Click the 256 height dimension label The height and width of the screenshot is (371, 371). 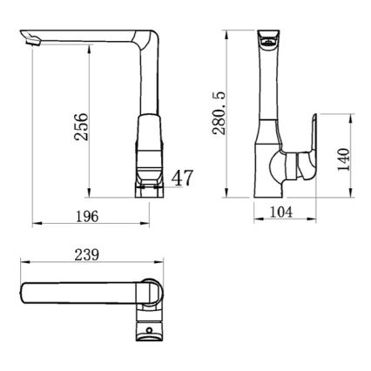tap(81, 126)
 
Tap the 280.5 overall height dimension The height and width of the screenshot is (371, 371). tap(219, 113)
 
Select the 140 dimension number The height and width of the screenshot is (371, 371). tap(344, 159)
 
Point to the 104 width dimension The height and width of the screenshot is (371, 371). tap(281, 212)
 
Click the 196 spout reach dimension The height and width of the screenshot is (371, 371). tap(87, 217)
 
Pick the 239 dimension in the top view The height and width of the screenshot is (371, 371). tap(87, 255)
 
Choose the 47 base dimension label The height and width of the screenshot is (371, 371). tap(182, 178)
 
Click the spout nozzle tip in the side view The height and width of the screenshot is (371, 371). tap(31, 41)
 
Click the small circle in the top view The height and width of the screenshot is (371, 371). tap(150, 330)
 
